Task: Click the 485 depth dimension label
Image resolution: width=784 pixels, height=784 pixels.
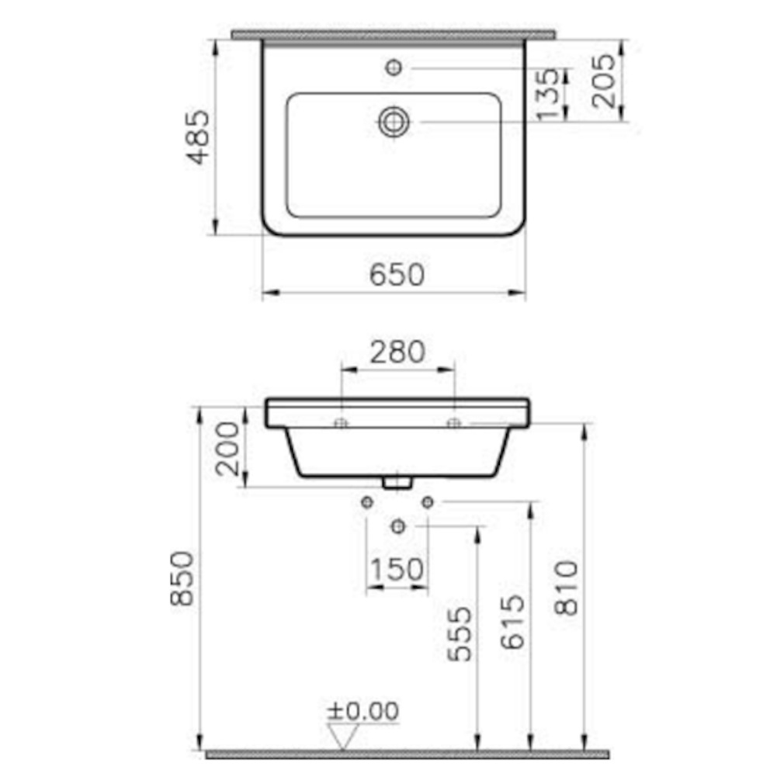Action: [199, 137]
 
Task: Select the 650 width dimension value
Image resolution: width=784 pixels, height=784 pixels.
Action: [397, 275]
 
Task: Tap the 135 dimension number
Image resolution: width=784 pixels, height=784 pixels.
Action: [548, 95]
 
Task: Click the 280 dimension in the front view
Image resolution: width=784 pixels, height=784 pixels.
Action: [397, 352]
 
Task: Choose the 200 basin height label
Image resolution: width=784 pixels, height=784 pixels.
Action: [227, 448]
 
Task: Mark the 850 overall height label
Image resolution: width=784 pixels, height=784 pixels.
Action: [182, 578]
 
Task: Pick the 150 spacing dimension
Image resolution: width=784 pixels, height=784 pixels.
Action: [397, 570]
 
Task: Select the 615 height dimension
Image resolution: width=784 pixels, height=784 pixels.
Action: [513, 622]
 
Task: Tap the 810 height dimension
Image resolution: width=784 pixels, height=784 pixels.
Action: [567, 588]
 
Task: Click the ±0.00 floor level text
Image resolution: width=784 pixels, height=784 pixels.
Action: [363, 710]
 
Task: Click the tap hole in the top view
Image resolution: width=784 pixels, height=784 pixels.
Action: [394, 68]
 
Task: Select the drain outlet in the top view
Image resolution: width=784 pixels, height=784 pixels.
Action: [394, 122]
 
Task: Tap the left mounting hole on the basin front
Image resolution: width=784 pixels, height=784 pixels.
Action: [340, 423]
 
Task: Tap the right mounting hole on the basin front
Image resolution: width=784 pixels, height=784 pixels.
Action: [454, 423]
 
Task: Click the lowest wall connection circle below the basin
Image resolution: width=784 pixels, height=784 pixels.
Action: [398, 526]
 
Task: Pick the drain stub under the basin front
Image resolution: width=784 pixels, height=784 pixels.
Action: [397, 482]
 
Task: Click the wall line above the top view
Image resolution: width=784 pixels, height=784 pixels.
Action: [393, 35]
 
